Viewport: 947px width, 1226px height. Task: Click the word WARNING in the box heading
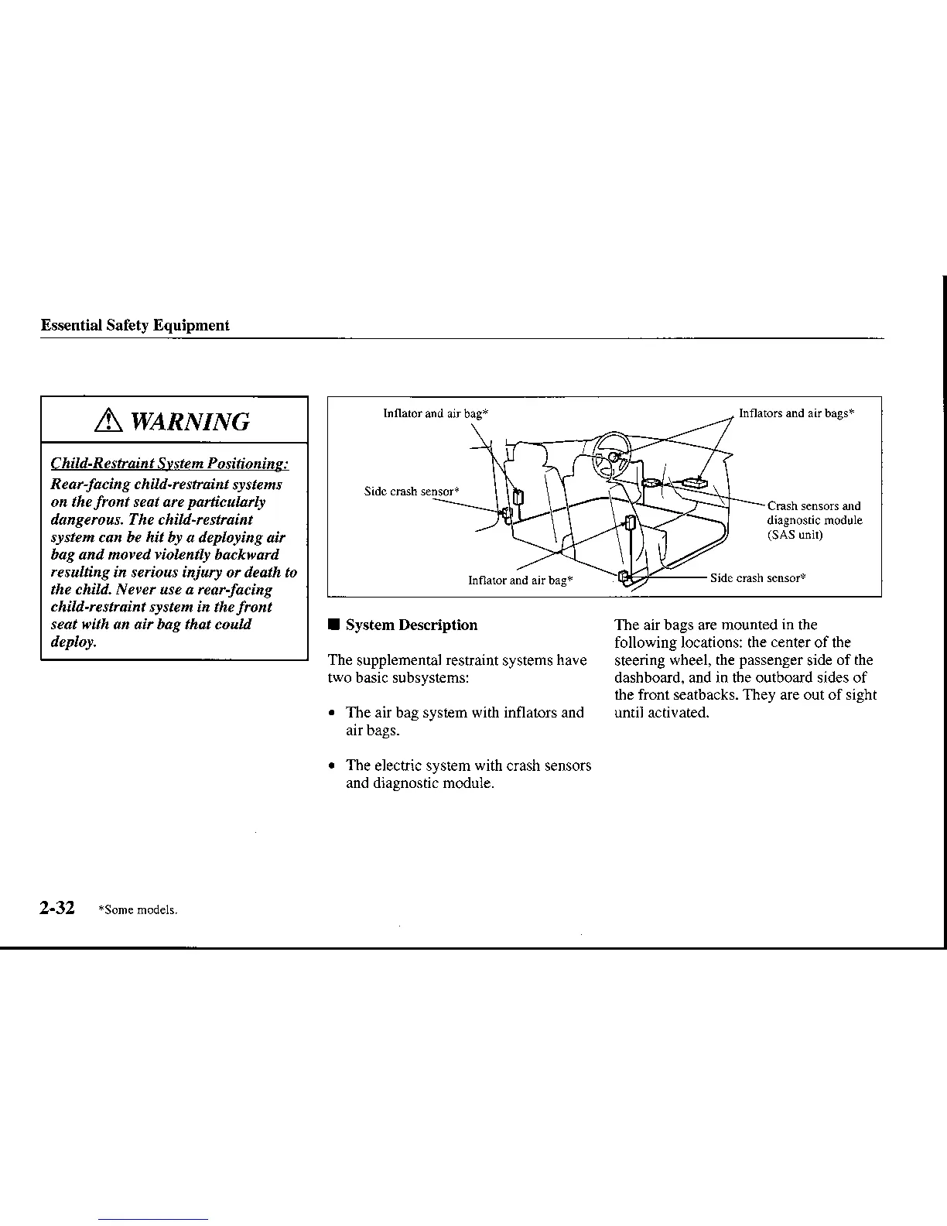[190, 422]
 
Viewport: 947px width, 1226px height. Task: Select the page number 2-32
[58, 908]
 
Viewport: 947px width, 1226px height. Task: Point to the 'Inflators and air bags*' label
[796, 413]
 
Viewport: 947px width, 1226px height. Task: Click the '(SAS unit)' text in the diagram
[795, 535]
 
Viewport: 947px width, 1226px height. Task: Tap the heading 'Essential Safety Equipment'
[135, 325]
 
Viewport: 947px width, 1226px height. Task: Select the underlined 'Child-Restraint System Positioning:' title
[169, 464]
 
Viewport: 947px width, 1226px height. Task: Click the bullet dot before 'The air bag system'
[332, 714]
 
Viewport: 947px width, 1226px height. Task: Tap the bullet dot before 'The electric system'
[332, 766]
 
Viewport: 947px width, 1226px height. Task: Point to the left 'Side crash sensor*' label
[412, 491]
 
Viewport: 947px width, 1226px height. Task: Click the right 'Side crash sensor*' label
[758, 578]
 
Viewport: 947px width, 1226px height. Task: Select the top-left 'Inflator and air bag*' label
[436, 413]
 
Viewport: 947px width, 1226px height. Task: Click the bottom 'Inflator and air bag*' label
[521, 580]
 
